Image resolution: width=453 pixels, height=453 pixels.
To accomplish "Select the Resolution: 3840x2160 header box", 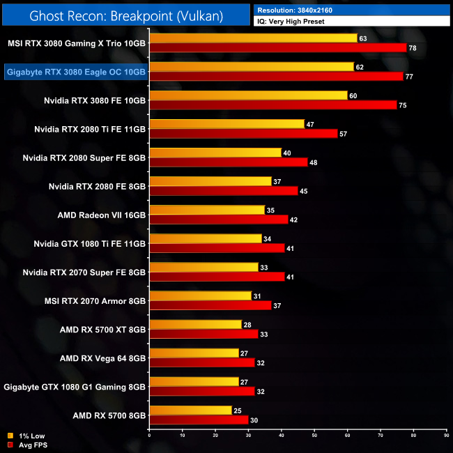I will pyautogui.click(x=352, y=10).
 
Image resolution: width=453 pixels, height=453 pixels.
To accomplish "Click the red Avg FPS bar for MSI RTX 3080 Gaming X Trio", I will pyautogui.click(x=277, y=47).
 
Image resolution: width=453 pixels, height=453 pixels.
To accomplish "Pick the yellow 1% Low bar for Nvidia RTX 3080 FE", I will pyautogui.click(x=248, y=95).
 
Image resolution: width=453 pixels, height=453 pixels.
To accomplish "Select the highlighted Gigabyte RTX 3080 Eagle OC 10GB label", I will pyautogui.click(x=76, y=72).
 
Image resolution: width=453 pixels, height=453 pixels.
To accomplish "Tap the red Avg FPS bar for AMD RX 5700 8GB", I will pyautogui.click(x=199, y=420).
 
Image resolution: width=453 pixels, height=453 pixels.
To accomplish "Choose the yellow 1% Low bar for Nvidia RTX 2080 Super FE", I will pyautogui.click(x=215, y=153).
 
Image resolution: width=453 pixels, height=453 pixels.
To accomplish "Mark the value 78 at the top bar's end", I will pyautogui.click(x=412, y=47).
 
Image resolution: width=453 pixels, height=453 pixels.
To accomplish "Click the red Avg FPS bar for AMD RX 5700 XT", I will pyautogui.click(x=204, y=334).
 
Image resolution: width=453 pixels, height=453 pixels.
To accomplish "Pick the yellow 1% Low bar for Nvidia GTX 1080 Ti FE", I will pyautogui.click(x=205, y=238).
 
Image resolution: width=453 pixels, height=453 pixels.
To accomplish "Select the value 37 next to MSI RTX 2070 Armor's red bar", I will pyautogui.click(x=277, y=305).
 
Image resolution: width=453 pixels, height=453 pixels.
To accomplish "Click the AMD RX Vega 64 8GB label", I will pyautogui.click(x=102, y=358).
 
